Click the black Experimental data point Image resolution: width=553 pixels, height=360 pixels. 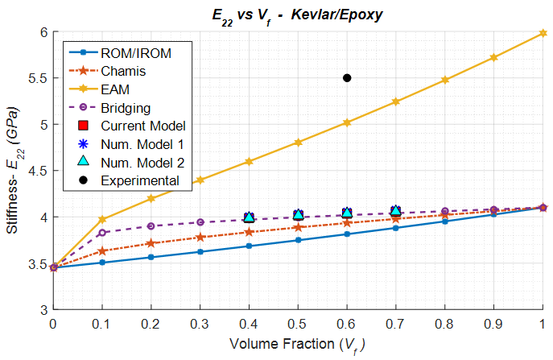click(x=347, y=78)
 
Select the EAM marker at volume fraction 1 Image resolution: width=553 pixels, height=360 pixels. click(x=543, y=32)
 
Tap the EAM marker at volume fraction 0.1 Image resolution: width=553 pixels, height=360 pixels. click(x=102, y=219)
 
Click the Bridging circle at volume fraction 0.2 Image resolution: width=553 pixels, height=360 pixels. click(x=151, y=226)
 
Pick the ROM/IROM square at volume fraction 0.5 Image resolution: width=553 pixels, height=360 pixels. click(x=298, y=240)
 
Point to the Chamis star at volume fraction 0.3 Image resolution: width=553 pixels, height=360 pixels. click(x=200, y=237)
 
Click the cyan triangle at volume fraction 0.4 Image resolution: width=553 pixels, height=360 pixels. click(x=250, y=217)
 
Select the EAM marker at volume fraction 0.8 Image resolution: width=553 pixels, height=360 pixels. click(x=445, y=80)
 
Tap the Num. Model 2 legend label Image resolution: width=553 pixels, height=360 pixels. click(x=142, y=162)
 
